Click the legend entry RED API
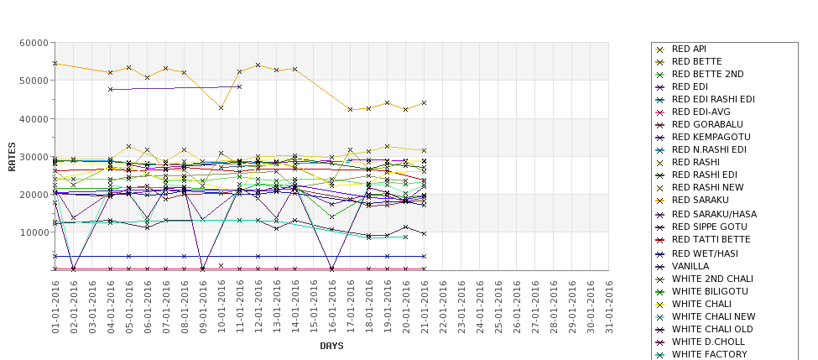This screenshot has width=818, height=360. click(689, 49)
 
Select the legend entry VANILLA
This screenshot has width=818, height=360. click(690, 266)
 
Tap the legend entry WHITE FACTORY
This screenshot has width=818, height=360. click(709, 354)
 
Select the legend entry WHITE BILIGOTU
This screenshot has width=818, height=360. click(710, 291)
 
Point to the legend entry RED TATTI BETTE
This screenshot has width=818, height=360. click(711, 240)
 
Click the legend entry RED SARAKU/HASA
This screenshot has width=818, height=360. click(714, 214)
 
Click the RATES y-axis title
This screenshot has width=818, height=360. click(12, 156)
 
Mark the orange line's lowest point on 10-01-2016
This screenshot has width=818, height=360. click(221, 107)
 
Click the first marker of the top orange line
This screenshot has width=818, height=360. click(55, 63)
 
